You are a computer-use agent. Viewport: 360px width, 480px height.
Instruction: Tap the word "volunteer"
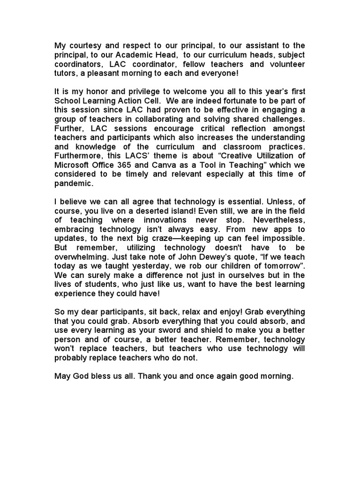pos(284,64)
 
